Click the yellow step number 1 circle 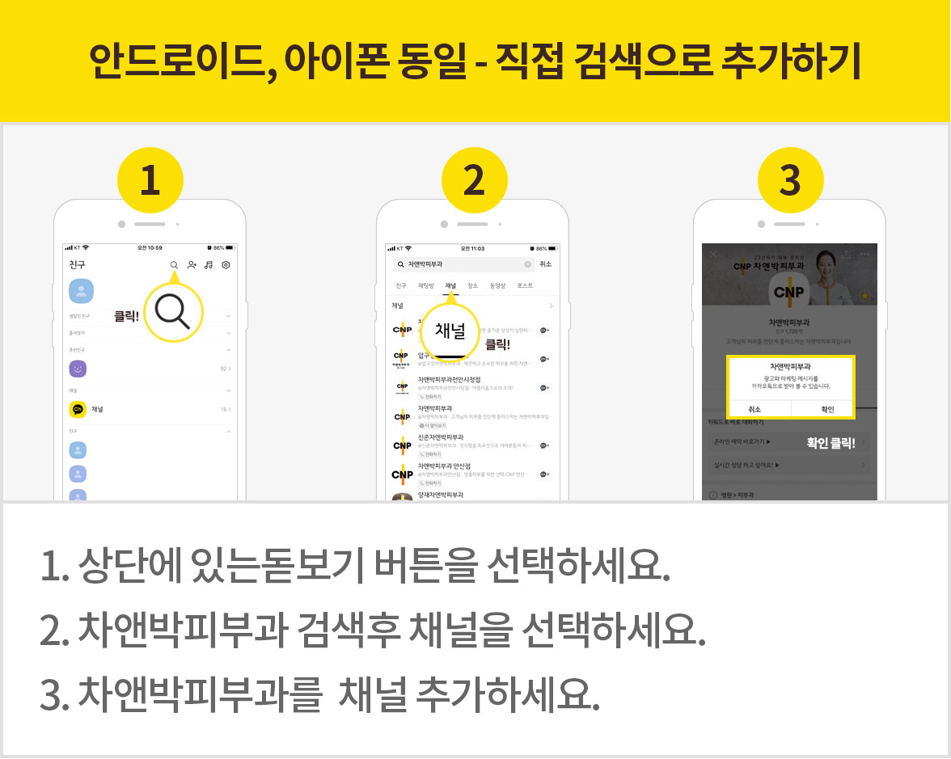(x=150, y=180)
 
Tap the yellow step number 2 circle (x=473, y=180)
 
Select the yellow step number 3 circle (x=790, y=180)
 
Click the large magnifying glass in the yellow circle (x=172, y=312)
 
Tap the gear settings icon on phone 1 (x=226, y=265)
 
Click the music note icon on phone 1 (x=209, y=265)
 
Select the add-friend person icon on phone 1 (x=192, y=265)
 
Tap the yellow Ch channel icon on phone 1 (x=78, y=410)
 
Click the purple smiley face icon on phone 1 (x=78, y=369)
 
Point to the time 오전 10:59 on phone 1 (x=150, y=247)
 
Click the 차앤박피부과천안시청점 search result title (x=450, y=379)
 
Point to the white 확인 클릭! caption (x=831, y=443)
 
